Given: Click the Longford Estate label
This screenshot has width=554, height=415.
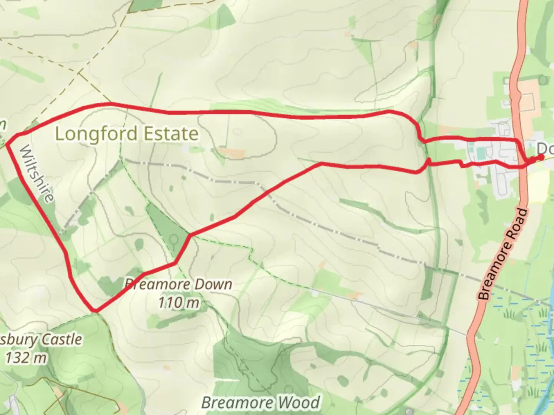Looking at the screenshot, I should pyautogui.click(x=127, y=134).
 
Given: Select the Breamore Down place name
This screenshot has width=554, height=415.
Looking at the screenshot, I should pyautogui.click(x=178, y=285).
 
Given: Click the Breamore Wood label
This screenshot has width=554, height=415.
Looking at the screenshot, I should pyautogui.click(x=260, y=403).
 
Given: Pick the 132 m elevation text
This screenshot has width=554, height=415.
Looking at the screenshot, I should pyautogui.click(x=26, y=358).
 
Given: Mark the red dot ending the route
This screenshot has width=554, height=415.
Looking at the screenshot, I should pyautogui.click(x=541, y=157).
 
